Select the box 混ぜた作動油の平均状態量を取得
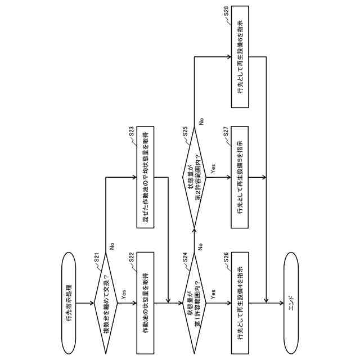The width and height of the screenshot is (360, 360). [x=145, y=178]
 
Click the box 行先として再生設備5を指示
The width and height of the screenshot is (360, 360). [x=238, y=178]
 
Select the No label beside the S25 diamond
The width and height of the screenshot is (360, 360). [x=201, y=120]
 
